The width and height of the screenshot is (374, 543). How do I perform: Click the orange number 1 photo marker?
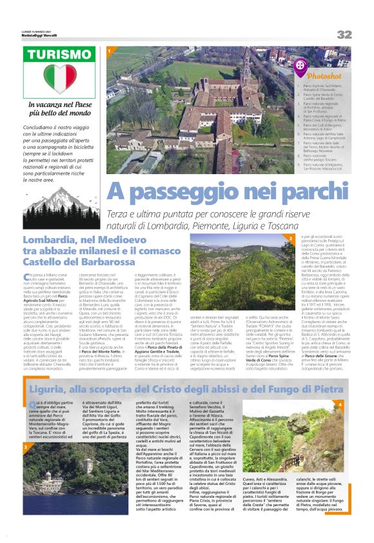pyautogui.click(x=110, y=50)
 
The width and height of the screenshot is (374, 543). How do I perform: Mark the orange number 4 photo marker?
pyautogui.click(x=340, y=386)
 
